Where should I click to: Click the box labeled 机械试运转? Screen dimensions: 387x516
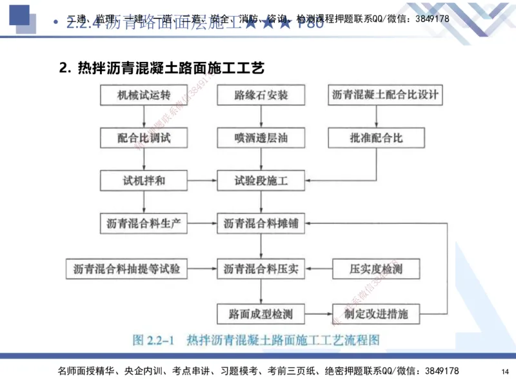(144, 95)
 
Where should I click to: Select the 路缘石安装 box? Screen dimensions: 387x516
(261, 95)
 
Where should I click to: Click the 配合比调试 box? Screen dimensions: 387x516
(144, 137)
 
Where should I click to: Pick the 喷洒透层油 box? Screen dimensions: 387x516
(261, 137)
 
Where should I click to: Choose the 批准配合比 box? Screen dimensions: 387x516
(377, 137)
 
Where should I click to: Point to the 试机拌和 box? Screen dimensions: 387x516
(144, 180)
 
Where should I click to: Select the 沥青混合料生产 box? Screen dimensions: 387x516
(144, 224)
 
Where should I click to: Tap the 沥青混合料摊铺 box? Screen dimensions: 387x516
(261, 224)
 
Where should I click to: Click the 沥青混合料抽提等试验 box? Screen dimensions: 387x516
(126, 268)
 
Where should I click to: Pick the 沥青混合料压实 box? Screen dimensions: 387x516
(261, 268)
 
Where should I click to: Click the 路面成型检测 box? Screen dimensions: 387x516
(261, 314)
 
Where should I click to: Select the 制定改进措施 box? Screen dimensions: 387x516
(377, 314)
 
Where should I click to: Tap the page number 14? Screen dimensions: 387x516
(505, 372)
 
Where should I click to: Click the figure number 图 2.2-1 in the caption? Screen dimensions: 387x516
(155, 339)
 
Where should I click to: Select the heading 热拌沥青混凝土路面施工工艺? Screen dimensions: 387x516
(171, 67)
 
